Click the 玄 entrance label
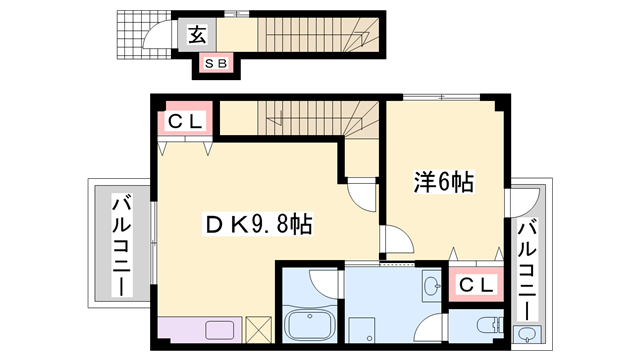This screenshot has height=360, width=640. click(x=198, y=35)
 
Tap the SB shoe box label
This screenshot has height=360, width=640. click(x=216, y=63)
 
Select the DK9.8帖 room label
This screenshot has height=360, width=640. click(x=259, y=224)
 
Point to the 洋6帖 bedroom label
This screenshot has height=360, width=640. click(x=444, y=182)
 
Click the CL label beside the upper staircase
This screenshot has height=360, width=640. click(x=186, y=121)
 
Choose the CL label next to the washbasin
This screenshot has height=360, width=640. click(x=476, y=285)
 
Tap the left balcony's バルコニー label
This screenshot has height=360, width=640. click(x=122, y=247)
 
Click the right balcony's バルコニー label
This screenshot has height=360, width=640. click(x=527, y=269)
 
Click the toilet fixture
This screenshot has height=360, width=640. click(x=490, y=325)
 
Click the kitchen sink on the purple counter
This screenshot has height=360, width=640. click(x=220, y=330)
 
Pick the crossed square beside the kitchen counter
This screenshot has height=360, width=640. click(x=259, y=330)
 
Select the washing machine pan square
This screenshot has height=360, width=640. click(x=362, y=330)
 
